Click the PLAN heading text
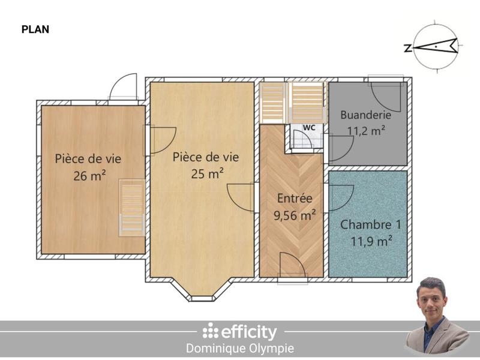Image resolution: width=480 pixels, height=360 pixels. coord(35,29)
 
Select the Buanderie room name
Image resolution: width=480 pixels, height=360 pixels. coord(366,115)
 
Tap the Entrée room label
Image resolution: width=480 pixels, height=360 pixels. coord(294,199)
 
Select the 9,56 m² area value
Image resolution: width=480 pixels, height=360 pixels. coord(295,214)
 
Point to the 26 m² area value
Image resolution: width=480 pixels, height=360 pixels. coord(88,175)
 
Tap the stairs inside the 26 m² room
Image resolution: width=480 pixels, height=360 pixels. coord(132,207)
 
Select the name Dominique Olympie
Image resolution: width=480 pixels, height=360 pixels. coord(240,348)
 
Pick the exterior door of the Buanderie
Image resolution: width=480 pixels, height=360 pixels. coord(385,90)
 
